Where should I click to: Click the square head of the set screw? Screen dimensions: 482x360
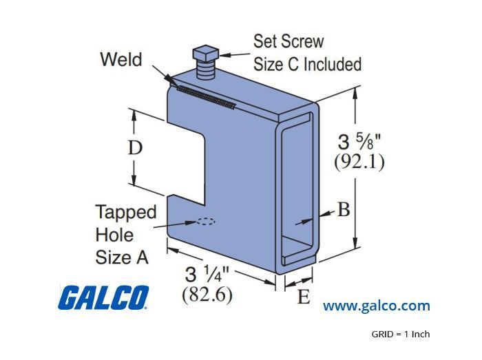(205, 54)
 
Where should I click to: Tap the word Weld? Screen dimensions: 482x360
(121, 59)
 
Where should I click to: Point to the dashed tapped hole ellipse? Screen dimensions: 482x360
(206, 222)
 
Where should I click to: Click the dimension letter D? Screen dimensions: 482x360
(135, 148)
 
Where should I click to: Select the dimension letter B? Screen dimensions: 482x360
(344, 209)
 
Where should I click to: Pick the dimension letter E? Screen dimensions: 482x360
(304, 297)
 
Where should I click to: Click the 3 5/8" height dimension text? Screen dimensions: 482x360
(359, 142)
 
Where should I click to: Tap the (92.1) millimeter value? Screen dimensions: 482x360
(359, 161)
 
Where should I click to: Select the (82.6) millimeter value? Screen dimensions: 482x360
(207, 295)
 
